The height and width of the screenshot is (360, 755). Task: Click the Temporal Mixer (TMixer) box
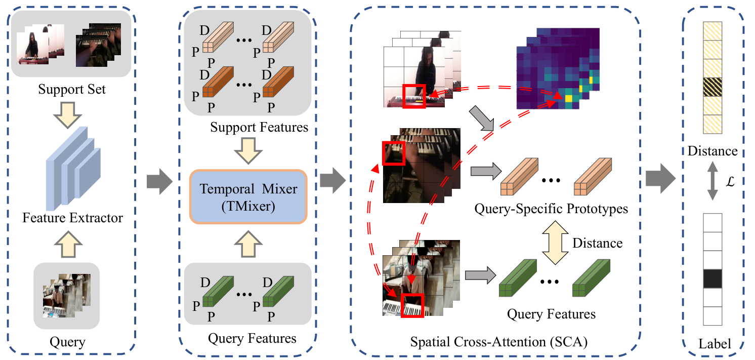point(248,196)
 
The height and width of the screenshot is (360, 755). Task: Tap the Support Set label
point(72,90)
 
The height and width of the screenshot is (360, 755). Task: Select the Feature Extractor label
point(73,218)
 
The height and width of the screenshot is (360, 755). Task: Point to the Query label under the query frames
point(67,342)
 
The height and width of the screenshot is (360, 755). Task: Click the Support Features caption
point(259,127)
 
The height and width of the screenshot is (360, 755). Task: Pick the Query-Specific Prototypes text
point(551,209)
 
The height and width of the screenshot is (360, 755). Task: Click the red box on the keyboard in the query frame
point(411,305)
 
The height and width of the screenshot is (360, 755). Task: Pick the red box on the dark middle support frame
point(394,153)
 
